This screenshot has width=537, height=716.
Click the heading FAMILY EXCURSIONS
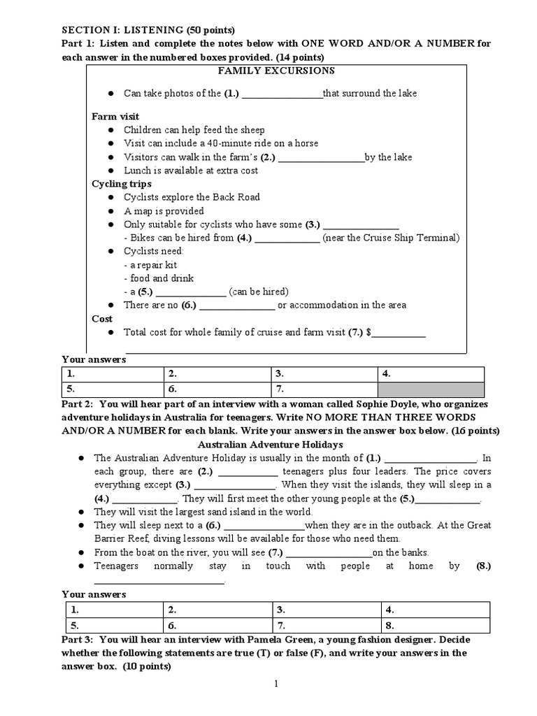click(x=266, y=71)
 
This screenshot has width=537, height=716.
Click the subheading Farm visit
click(x=115, y=116)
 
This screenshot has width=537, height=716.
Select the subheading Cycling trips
click(x=122, y=184)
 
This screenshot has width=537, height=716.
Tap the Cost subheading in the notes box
click(x=102, y=319)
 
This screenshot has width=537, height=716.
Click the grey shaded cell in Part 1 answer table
click(x=430, y=389)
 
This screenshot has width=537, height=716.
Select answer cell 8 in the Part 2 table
click(x=430, y=625)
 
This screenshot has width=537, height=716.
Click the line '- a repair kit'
click(x=150, y=265)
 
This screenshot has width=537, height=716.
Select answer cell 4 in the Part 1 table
click(x=430, y=373)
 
